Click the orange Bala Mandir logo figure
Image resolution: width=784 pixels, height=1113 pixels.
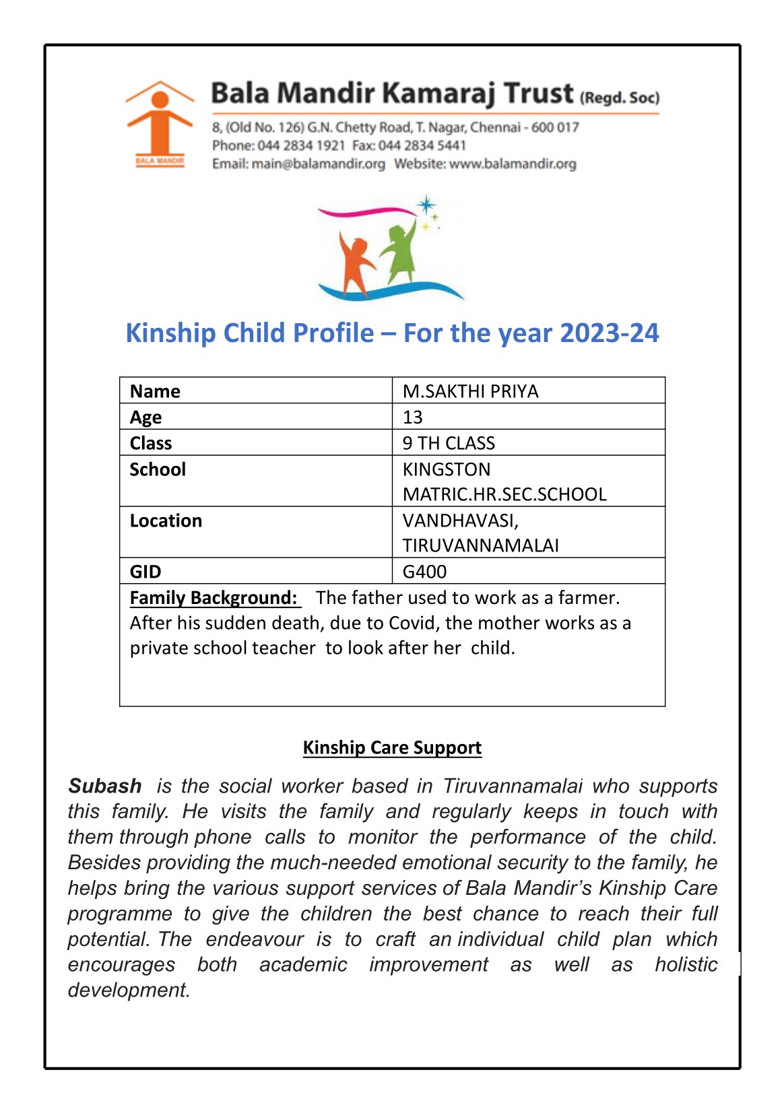tap(159, 121)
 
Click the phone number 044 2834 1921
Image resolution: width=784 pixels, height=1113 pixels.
tap(301, 145)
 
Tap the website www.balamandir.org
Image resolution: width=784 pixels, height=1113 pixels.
tap(513, 164)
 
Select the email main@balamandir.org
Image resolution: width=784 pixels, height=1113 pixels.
tap(318, 164)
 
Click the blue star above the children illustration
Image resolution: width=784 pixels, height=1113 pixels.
tap(426, 205)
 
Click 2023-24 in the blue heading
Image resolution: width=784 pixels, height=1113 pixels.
tap(609, 333)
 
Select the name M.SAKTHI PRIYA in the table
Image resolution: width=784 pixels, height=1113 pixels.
tap(470, 391)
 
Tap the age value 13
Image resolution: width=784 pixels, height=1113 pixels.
tap(412, 417)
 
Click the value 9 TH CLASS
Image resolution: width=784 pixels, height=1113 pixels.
tap(449, 443)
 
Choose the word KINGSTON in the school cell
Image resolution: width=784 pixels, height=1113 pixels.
tap(447, 469)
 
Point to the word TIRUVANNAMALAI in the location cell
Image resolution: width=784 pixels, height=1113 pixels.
tap(480, 545)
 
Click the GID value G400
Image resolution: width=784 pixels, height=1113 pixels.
tap(424, 572)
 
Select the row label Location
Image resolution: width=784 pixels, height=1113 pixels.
tap(166, 520)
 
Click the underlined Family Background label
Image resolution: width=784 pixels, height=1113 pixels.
tap(214, 598)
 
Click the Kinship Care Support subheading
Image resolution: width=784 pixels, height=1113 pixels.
tap(392, 747)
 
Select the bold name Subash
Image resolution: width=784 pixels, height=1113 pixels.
tap(105, 786)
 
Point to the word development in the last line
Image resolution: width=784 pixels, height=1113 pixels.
tap(128, 990)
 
